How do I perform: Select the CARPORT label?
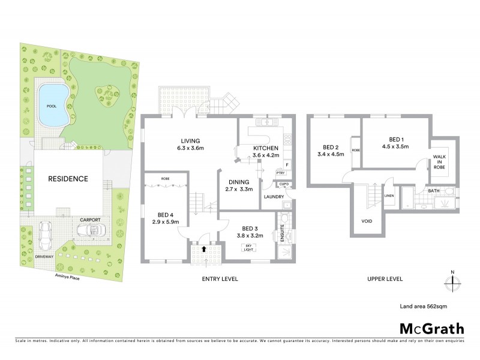coord(86,220)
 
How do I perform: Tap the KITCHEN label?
coord(265,148)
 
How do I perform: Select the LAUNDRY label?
coord(274,196)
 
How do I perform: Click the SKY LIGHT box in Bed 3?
coord(248,247)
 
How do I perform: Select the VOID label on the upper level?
coord(367,221)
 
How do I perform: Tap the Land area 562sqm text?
coord(423,306)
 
